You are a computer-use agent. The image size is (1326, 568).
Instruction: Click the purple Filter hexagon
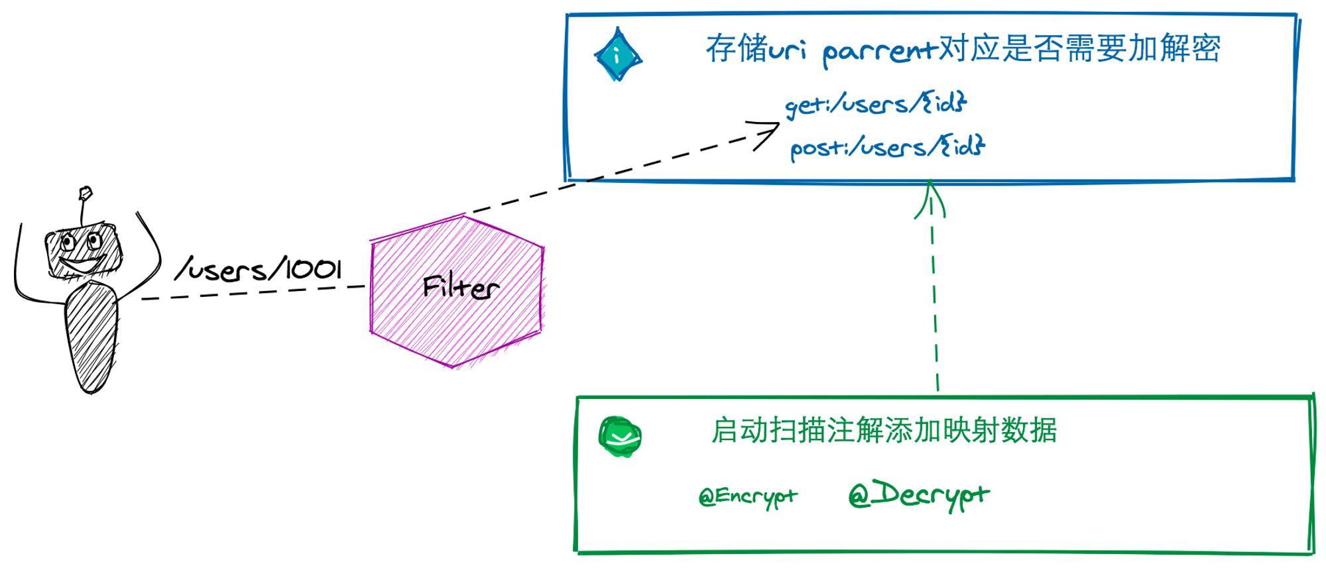point(457,290)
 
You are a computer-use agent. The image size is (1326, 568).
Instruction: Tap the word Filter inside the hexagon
point(460,287)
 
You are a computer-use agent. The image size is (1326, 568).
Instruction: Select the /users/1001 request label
point(259,270)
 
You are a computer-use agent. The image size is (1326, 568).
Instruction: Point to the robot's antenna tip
point(85,193)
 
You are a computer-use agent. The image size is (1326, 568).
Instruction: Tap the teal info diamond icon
point(618,55)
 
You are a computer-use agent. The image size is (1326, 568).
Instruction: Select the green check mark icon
point(620,437)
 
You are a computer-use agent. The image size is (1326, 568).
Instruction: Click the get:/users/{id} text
point(876,104)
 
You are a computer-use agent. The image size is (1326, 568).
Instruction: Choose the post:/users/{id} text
point(887,147)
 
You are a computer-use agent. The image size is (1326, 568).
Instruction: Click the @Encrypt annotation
point(748,496)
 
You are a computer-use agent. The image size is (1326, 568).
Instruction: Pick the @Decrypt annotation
point(919,494)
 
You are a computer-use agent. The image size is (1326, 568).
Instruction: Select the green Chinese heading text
point(884,431)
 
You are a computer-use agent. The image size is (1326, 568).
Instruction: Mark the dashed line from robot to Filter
point(254,293)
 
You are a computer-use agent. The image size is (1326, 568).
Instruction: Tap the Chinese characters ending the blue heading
point(1079,48)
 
